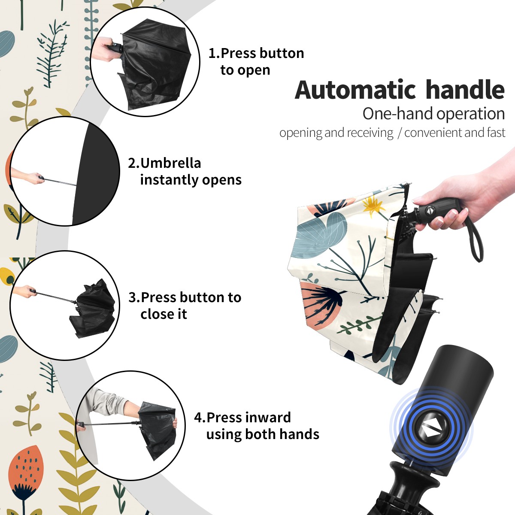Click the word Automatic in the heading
pyautogui.click(x=355, y=90)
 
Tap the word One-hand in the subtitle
pyautogui.click(x=398, y=114)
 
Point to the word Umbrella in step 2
pyautogui.click(x=171, y=163)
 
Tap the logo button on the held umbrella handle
pyautogui.click(x=429, y=210)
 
